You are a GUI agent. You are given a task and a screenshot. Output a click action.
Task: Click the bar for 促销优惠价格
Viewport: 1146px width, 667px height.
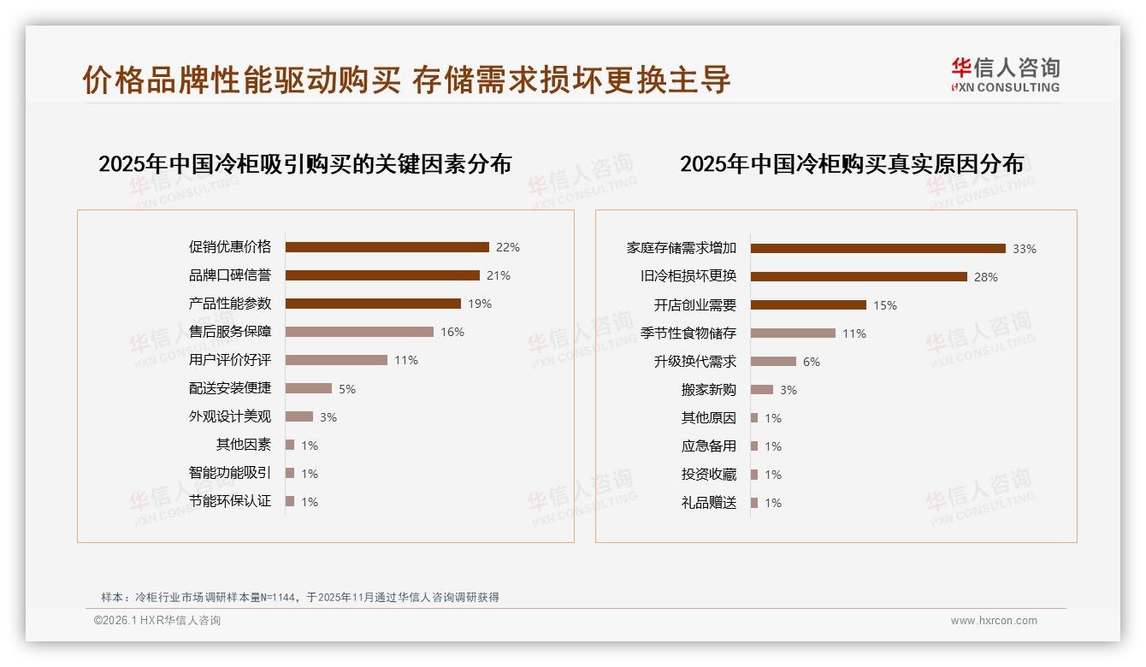point(387,247)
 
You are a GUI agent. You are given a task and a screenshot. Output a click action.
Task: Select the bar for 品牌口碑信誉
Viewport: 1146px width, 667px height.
point(382,275)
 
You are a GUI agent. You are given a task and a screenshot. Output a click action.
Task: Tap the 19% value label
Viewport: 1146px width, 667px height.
point(480,304)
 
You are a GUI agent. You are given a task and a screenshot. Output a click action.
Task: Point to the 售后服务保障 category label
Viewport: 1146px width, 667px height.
point(230,332)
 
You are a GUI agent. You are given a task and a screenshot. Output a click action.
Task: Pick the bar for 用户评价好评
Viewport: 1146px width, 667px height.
point(336,360)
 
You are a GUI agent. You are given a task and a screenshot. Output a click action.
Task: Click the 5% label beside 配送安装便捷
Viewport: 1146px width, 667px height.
point(347,389)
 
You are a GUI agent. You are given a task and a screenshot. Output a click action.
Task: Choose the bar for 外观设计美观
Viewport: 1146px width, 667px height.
point(299,416)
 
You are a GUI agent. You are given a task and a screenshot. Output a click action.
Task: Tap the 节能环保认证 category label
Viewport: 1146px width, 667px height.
point(230,501)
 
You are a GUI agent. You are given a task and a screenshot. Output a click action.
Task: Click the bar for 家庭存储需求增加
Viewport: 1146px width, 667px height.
point(877,249)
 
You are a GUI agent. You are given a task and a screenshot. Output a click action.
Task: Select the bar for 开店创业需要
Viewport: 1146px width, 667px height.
point(808,305)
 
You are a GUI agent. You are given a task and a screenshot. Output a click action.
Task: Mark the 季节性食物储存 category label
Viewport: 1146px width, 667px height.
point(688,333)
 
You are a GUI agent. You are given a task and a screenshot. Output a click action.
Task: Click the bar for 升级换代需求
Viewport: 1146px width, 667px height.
point(773,362)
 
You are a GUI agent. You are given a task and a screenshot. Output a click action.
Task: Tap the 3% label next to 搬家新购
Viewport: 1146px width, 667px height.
point(789,390)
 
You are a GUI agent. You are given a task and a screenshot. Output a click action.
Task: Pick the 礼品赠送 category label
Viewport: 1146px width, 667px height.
point(709,503)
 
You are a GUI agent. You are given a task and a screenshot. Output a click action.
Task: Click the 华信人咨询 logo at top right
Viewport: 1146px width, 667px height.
point(1005,74)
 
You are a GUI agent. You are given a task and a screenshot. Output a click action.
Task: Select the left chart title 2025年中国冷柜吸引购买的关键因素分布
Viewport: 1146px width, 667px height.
point(304,163)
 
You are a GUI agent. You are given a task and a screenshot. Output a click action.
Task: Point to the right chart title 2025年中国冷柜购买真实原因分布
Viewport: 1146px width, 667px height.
point(852,163)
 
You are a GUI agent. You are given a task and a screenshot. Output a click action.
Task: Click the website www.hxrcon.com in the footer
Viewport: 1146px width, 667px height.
point(994,621)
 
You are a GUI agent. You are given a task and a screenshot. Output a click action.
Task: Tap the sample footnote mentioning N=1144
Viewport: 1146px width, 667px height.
point(300,597)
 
